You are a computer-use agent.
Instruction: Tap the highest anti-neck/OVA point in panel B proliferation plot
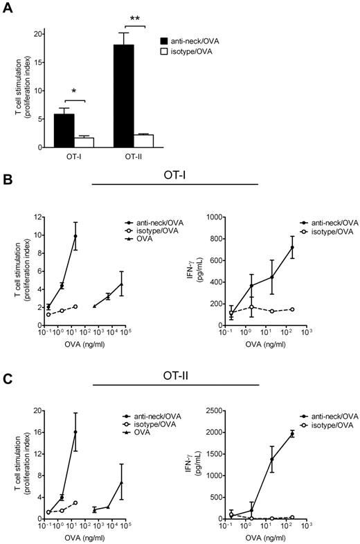tap(75, 236)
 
